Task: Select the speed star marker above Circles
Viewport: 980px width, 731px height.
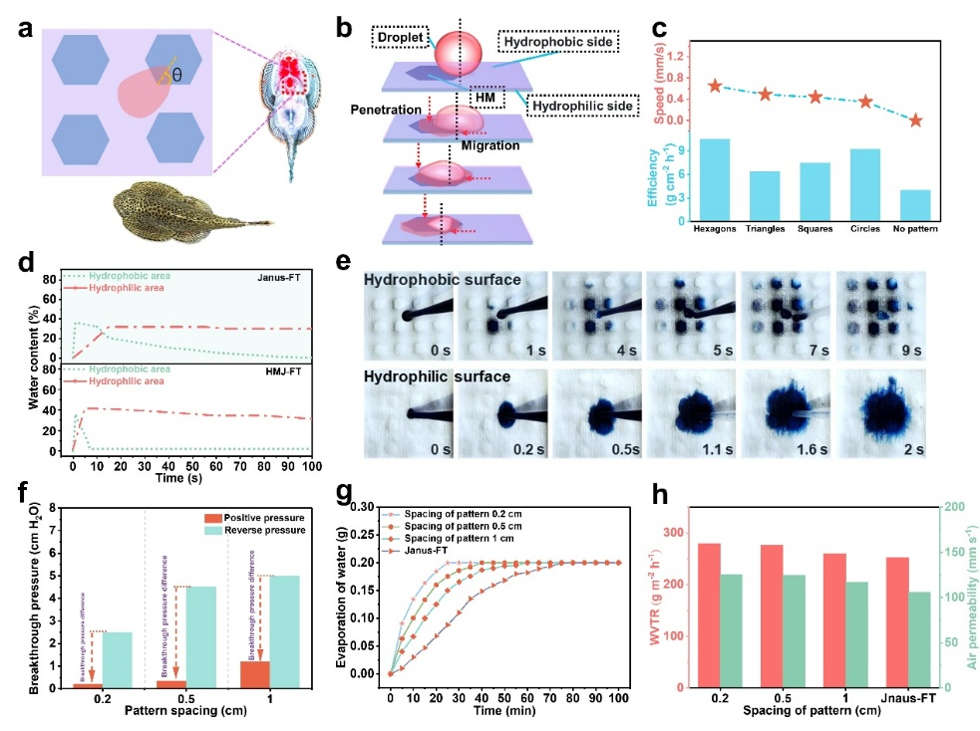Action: pos(865,102)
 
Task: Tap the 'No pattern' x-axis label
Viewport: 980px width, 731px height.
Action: pos(915,227)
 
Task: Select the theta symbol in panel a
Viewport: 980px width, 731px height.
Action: pos(177,74)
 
